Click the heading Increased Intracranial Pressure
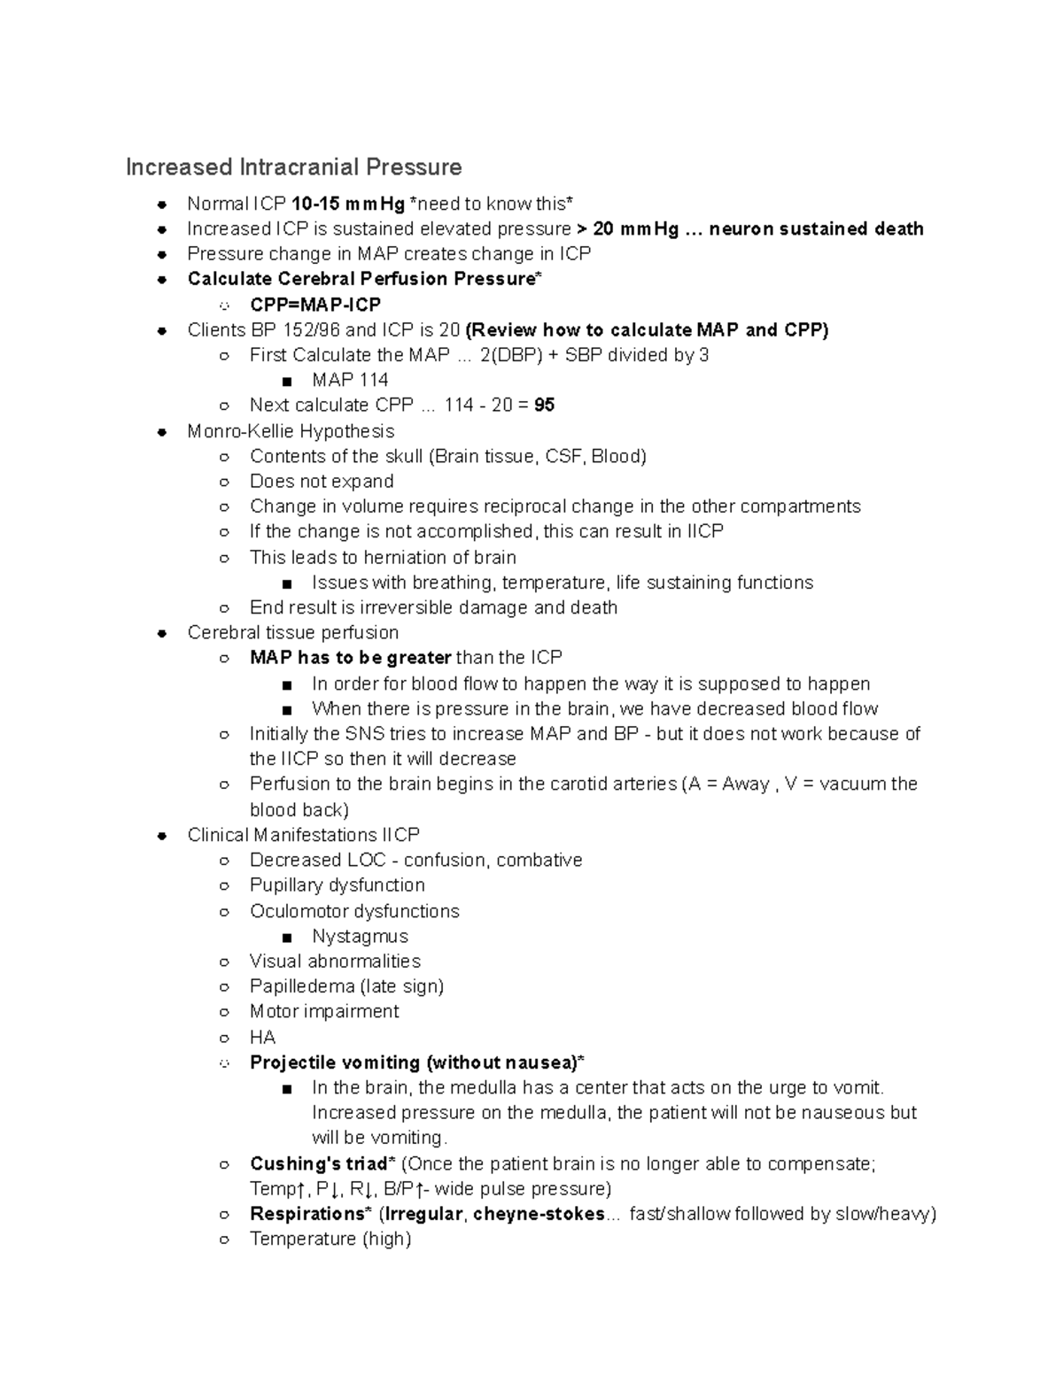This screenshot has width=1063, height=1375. pyautogui.click(x=293, y=167)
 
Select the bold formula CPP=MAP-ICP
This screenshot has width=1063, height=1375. pyautogui.click(x=314, y=305)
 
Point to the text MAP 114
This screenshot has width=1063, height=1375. pyautogui.click(x=350, y=380)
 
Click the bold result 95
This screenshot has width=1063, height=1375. pyautogui.click(x=544, y=405)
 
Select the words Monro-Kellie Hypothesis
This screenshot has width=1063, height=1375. pyautogui.click(x=291, y=431)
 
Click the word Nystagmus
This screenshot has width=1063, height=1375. pyautogui.click(x=360, y=936)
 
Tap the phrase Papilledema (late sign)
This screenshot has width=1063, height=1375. pyautogui.click(x=346, y=986)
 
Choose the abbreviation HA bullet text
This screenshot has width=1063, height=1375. pyautogui.click(x=262, y=1037)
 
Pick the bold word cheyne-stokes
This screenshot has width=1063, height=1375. pyautogui.click(x=539, y=1214)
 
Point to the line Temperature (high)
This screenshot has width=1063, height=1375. pyautogui.click(x=330, y=1239)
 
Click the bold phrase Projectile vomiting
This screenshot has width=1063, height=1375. pyautogui.click(x=335, y=1062)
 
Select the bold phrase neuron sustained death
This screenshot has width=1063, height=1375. pyautogui.click(x=816, y=229)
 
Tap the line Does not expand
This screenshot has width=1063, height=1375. pyautogui.click(x=322, y=482)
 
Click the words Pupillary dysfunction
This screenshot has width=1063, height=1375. pyautogui.click(x=337, y=885)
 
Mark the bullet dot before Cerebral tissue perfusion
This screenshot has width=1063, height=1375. pyautogui.click(x=162, y=633)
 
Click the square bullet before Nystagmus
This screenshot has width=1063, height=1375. pyautogui.click(x=285, y=937)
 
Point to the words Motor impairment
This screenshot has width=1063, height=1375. pyautogui.click(x=324, y=1011)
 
